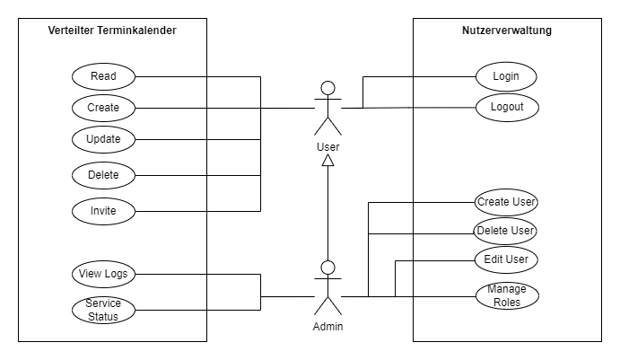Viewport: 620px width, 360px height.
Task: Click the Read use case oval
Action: tap(102, 76)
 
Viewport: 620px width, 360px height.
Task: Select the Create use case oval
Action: tap(102, 108)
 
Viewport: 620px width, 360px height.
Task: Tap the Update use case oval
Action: tap(102, 140)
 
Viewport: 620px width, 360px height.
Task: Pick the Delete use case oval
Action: tap(102, 173)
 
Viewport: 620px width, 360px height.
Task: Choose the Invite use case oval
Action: tap(102, 211)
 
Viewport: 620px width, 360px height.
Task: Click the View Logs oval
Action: tap(102, 273)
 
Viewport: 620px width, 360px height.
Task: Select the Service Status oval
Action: tap(102, 310)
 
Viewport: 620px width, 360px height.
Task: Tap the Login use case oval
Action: tap(506, 76)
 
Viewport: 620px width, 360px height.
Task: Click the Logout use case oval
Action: tap(506, 107)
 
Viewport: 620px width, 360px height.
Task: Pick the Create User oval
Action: tap(506, 202)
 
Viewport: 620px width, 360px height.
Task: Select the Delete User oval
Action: tap(506, 232)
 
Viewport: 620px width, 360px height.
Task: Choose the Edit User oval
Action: tap(506, 260)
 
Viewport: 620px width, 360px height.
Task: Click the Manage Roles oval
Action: tap(506, 295)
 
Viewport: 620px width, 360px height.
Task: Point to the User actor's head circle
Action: tap(328, 87)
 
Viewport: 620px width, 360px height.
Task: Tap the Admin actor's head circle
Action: tap(328, 267)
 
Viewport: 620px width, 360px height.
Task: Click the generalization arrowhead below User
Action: tap(328, 160)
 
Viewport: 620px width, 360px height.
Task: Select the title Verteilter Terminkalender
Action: tap(112, 31)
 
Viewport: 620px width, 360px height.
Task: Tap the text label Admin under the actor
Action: tap(328, 327)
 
